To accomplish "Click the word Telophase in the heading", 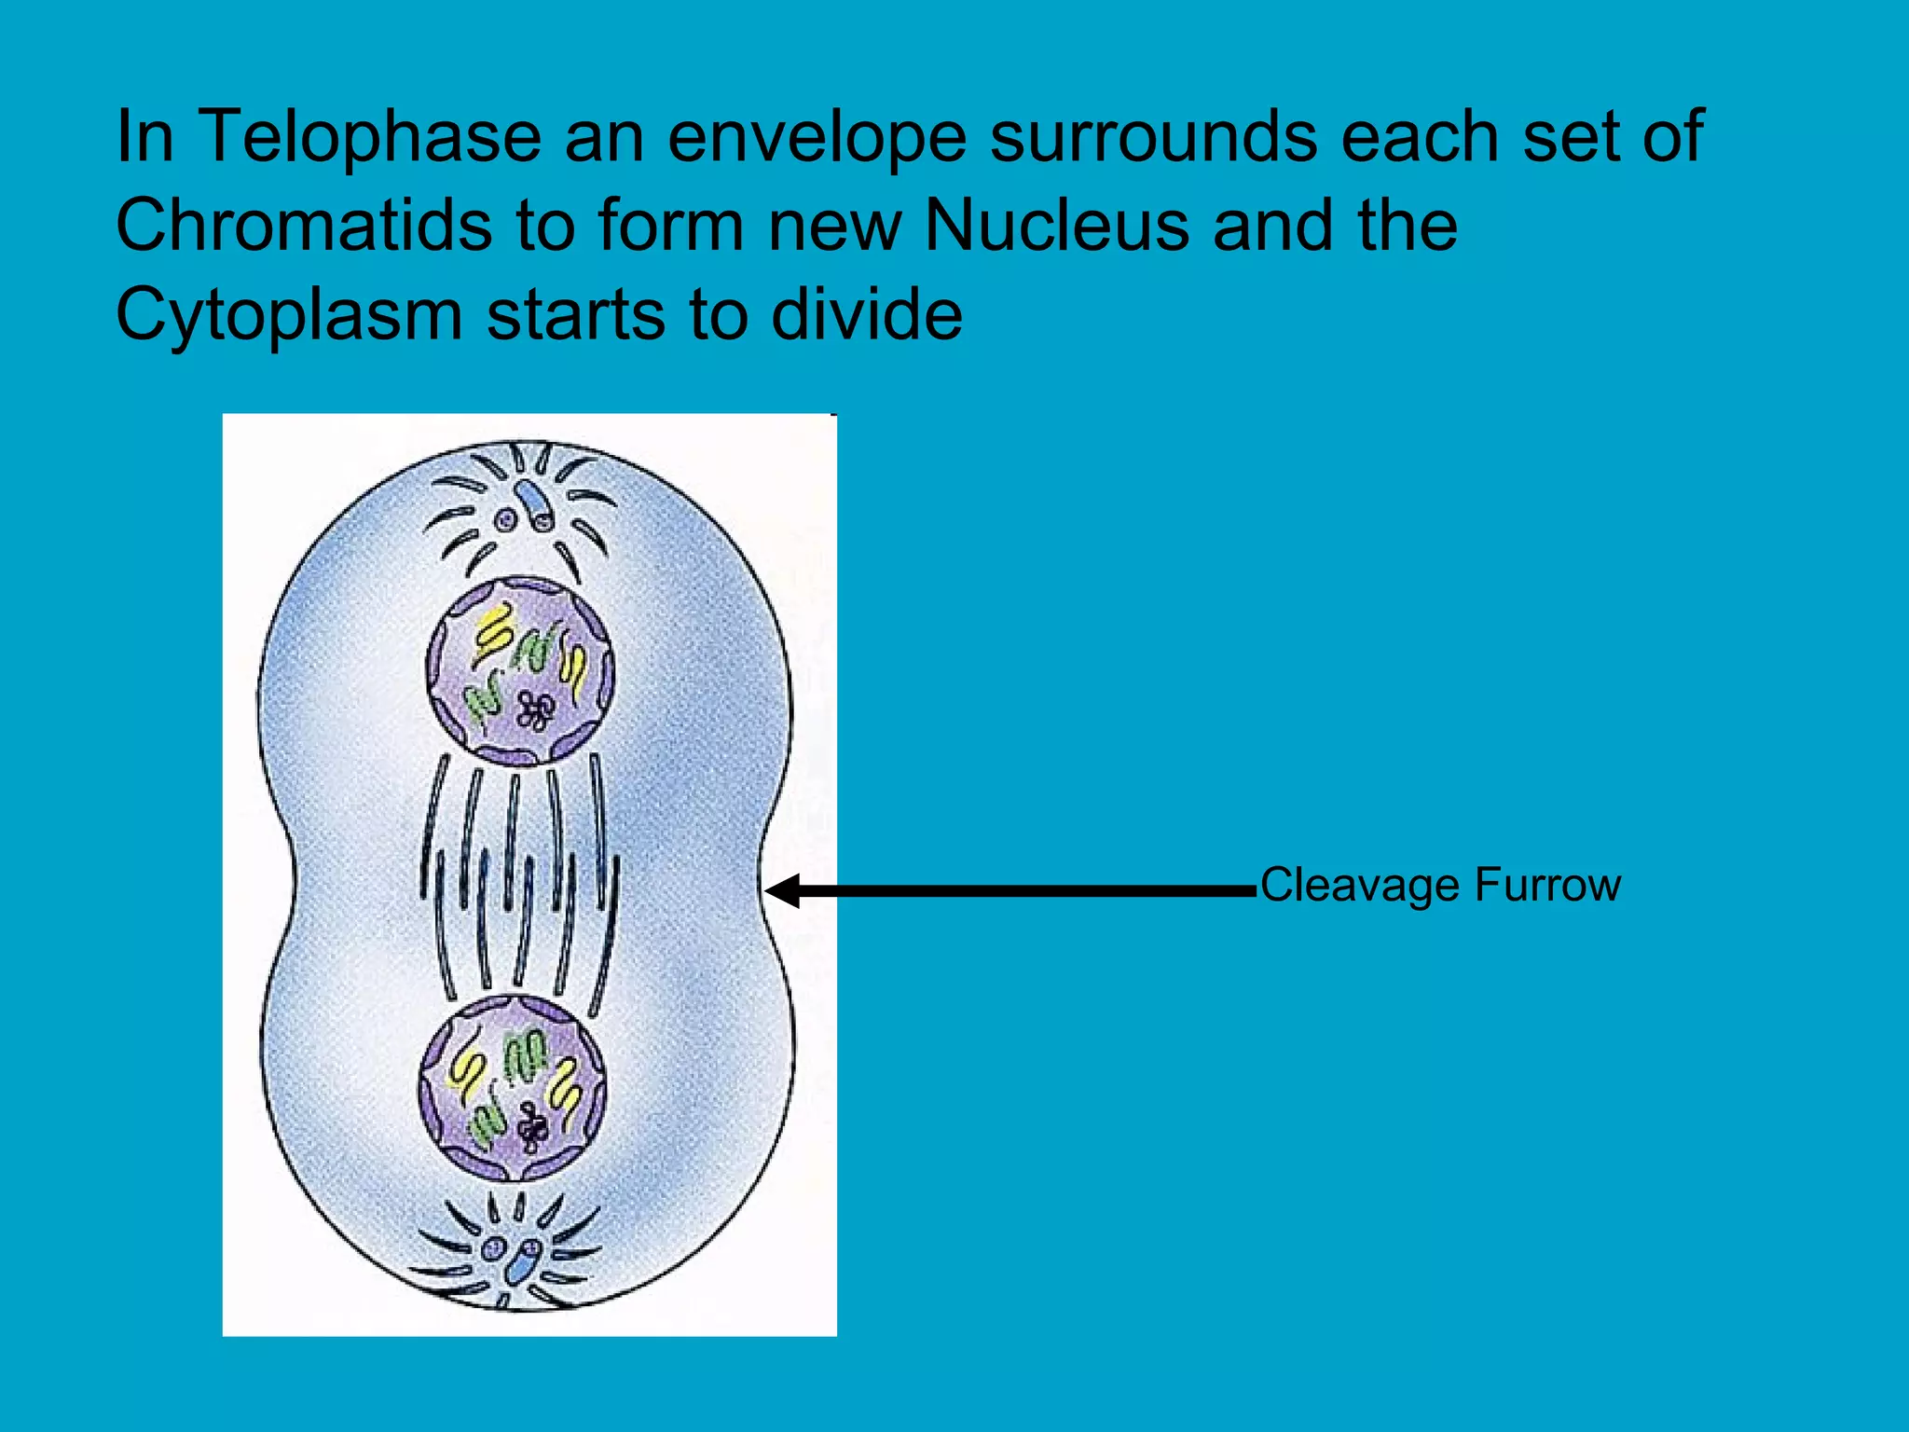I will pyautogui.click(x=370, y=137).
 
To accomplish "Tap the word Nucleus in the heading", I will pyautogui.click(x=1057, y=226).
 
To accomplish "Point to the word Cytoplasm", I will pyautogui.click(x=289, y=315).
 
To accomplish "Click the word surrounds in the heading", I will pyautogui.click(x=1153, y=137).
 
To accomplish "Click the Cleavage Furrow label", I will pyautogui.click(x=1440, y=885).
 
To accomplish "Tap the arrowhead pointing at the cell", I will pyautogui.click(x=781, y=890).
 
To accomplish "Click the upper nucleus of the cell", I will pyautogui.click(x=520, y=670).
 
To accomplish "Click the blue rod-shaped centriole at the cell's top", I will pyautogui.click(x=537, y=503).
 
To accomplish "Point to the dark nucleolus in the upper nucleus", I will pyautogui.click(x=535, y=711).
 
